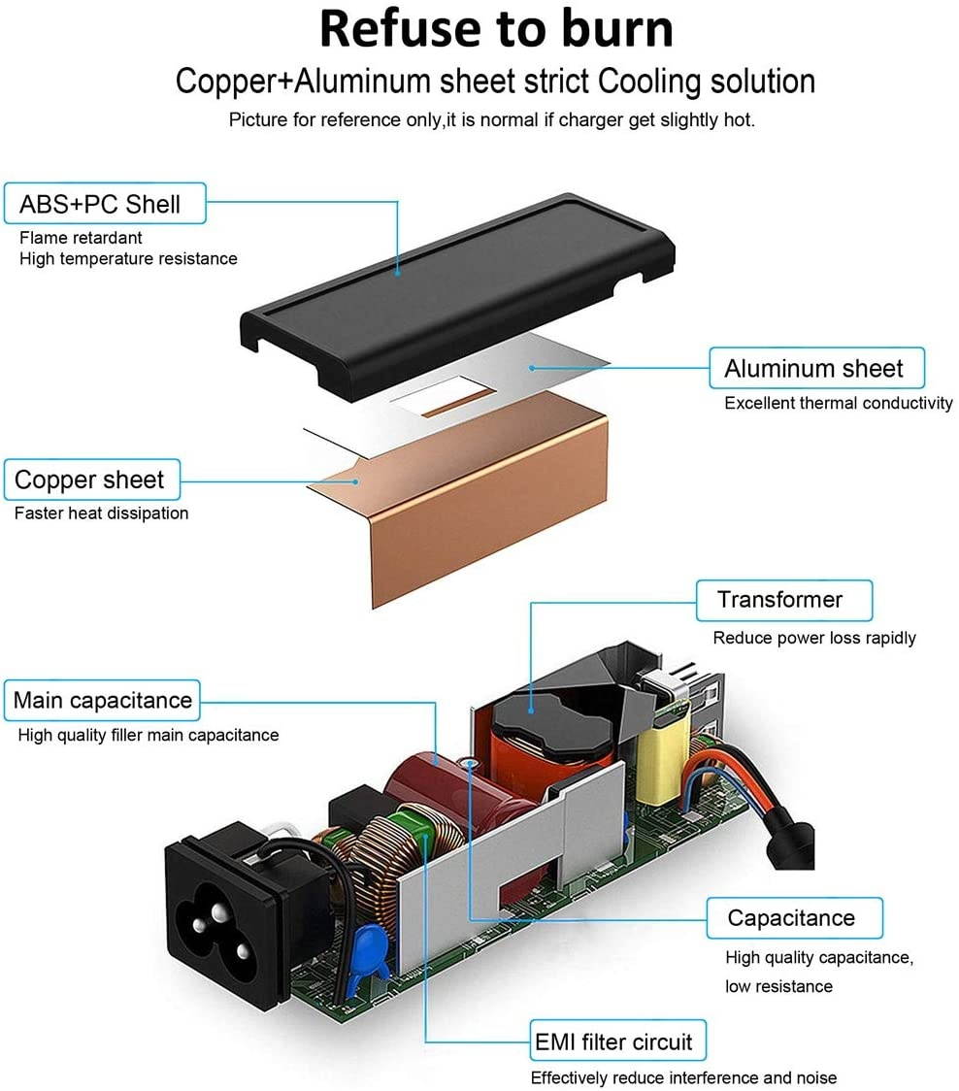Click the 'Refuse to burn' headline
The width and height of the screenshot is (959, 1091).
coord(495,29)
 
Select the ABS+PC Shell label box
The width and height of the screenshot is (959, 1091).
coord(99,205)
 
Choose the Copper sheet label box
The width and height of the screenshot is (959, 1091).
coord(89,480)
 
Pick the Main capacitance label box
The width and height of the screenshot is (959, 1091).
coord(103,701)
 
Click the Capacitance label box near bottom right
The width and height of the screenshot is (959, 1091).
coord(791,918)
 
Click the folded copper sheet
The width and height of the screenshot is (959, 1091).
coord(485,505)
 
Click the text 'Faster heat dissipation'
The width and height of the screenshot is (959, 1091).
coord(101,513)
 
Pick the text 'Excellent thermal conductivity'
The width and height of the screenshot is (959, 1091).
coord(838,403)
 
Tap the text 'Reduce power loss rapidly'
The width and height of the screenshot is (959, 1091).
coord(813,638)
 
